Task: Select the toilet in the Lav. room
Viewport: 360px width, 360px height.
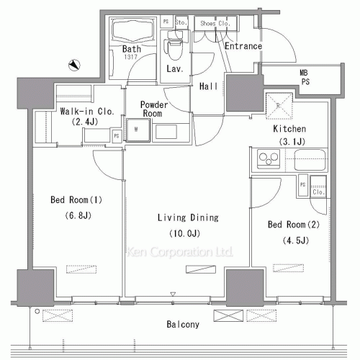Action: point(173,49)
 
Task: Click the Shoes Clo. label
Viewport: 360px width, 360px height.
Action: point(214,23)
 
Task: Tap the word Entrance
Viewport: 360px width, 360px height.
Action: point(243,47)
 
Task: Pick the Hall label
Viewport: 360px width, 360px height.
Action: point(209,85)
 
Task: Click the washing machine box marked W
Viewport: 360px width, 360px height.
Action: point(137,130)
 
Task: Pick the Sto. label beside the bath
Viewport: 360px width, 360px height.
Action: point(181,23)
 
